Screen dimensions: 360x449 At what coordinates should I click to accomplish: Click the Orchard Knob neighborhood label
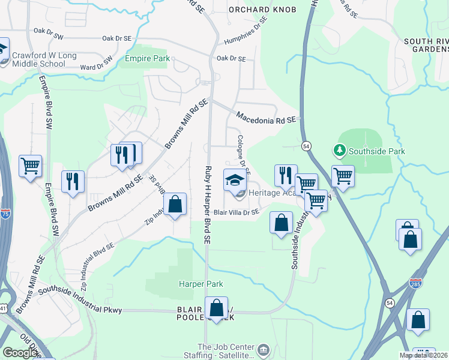click(259, 10)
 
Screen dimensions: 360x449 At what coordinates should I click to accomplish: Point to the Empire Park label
click(147, 59)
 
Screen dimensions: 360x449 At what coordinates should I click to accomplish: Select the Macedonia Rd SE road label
click(266, 117)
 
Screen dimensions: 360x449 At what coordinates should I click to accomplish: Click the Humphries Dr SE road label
click(245, 34)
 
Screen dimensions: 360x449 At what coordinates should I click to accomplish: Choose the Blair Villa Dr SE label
click(237, 212)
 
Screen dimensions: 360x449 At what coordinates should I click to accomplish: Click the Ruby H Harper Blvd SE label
click(207, 204)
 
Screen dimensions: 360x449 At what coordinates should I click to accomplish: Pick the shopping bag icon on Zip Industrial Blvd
click(175, 204)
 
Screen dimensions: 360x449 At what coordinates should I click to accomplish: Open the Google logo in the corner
click(20, 353)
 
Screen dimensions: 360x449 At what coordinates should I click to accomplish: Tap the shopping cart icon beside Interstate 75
click(30, 165)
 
